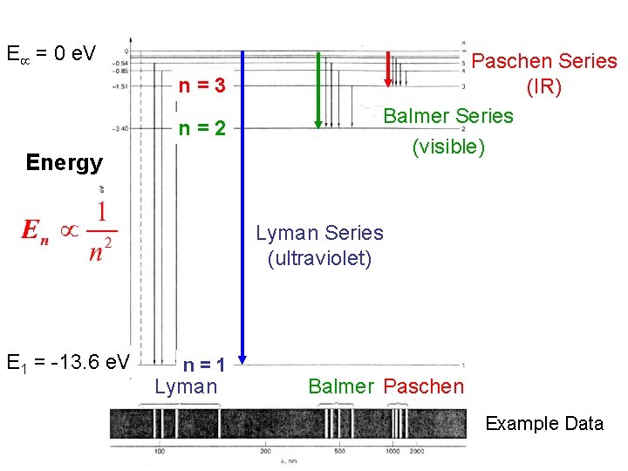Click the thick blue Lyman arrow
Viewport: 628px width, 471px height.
click(242, 209)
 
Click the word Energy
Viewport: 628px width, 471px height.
click(65, 162)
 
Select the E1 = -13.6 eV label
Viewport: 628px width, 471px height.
click(67, 361)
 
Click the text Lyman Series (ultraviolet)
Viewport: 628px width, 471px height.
click(319, 245)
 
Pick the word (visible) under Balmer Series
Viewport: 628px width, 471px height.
click(448, 146)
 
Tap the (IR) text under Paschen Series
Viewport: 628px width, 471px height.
click(543, 87)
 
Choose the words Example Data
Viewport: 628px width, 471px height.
click(544, 424)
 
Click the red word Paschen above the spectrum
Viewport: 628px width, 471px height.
click(424, 386)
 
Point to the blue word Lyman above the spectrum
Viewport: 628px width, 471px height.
click(186, 386)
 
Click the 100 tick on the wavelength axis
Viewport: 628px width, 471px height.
click(160, 451)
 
